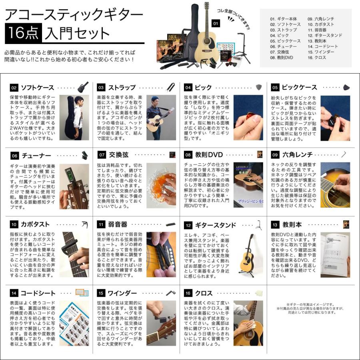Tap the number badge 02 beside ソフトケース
[x=14, y=88]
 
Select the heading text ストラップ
[x=122, y=88]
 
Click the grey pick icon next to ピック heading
[x=259, y=87]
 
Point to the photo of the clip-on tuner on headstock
[x=74, y=186]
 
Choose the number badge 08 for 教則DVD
[x=188, y=155]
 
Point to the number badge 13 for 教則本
[x=275, y=225]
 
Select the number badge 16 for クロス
[x=188, y=293]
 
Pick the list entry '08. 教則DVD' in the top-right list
[x=282, y=58]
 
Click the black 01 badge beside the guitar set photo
[x=215, y=24]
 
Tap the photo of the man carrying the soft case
[x=74, y=118]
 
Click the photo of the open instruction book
[x=335, y=255]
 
